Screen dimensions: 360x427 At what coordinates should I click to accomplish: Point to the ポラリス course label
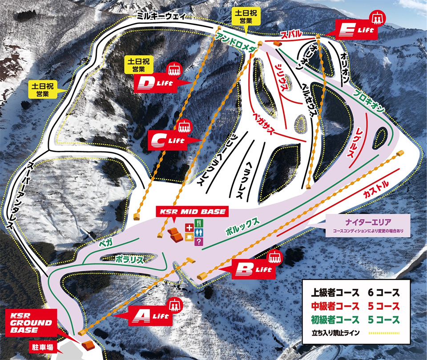[130, 259]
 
